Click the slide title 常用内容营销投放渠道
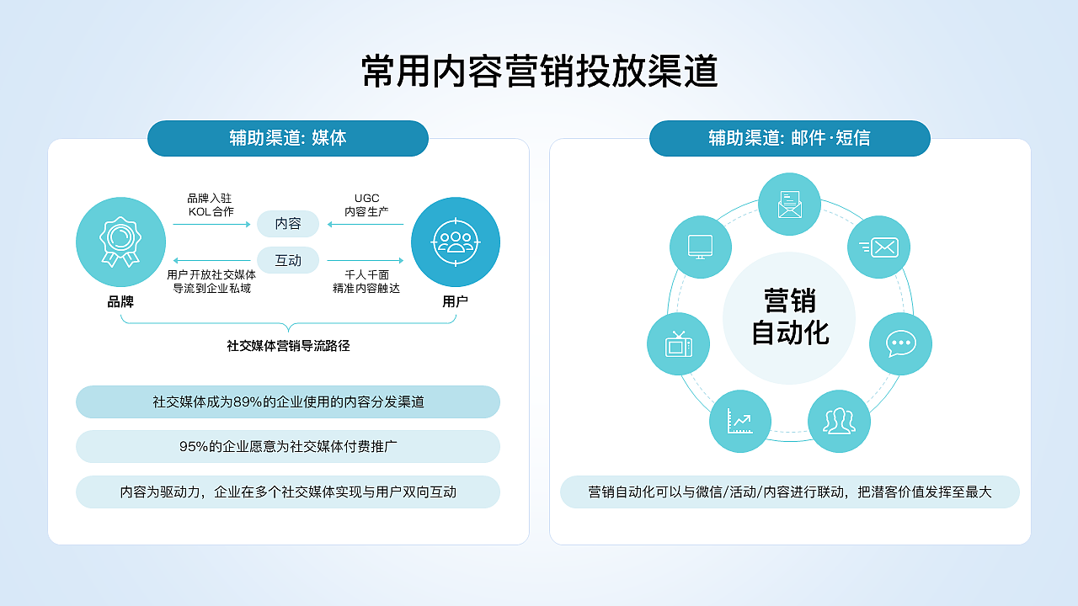click(539, 72)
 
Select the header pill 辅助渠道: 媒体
click(288, 138)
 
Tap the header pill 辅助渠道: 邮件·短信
click(789, 138)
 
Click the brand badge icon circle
click(120, 242)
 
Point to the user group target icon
click(455, 242)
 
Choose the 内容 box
click(288, 224)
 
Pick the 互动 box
click(288, 260)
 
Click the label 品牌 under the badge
click(120, 301)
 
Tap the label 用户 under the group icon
click(455, 301)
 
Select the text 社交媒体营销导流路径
click(288, 345)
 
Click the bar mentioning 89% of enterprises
click(288, 402)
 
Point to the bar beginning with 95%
click(288, 447)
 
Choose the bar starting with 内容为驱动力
click(288, 492)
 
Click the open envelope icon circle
click(789, 205)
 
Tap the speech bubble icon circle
click(900, 343)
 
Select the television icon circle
click(678, 343)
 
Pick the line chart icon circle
click(740, 421)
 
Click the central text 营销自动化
click(789, 317)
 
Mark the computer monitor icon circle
click(701, 247)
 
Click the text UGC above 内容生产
click(366, 199)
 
